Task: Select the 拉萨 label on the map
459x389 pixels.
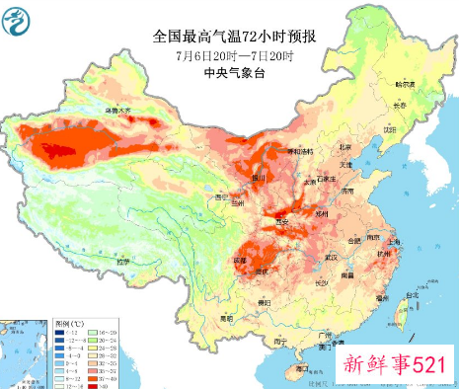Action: click(119, 262)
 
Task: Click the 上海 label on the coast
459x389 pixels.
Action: click(393, 240)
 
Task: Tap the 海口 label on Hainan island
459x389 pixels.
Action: click(293, 366)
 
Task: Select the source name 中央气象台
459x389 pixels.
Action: click(233, 73)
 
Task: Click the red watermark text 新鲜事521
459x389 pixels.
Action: click(395, 363)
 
